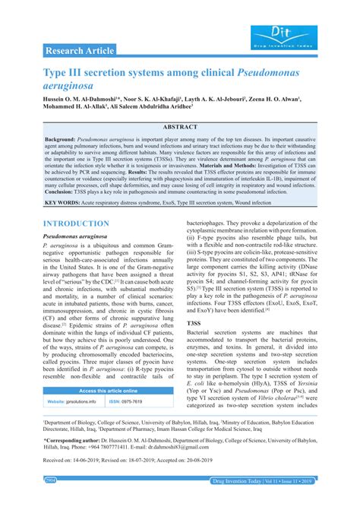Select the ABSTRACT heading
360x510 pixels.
coord(179,128)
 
